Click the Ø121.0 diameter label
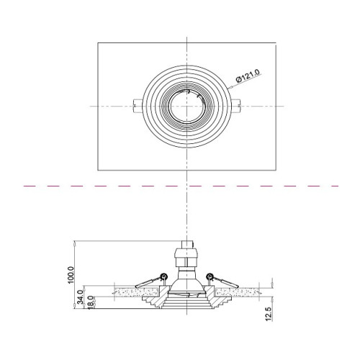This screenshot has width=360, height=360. point(248,76)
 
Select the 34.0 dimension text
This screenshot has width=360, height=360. point(81,297)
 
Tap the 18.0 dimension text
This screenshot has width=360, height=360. point(90,302)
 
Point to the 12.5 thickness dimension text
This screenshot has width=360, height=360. point(269,314)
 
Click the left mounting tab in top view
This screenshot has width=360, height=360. point(138,106)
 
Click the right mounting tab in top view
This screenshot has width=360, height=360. point(236,106)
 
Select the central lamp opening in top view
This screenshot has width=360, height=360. point(186,106)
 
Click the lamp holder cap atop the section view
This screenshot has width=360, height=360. point(187,245)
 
